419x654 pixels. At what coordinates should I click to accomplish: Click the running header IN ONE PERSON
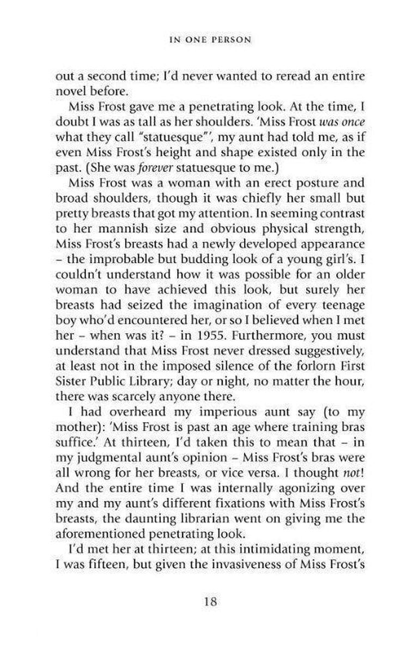tap(209, 40)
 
